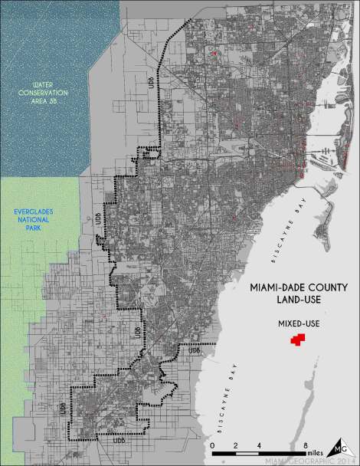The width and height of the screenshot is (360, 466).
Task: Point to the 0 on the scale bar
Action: point(211,445)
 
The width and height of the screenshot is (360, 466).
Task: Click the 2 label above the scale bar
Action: point(235,445)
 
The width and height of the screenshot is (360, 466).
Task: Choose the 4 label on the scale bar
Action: point(259,445)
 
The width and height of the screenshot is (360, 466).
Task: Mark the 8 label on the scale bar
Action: point(306,445)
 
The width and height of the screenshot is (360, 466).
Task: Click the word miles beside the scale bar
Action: point(322,446)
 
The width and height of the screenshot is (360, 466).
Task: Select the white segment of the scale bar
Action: point(247,455)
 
